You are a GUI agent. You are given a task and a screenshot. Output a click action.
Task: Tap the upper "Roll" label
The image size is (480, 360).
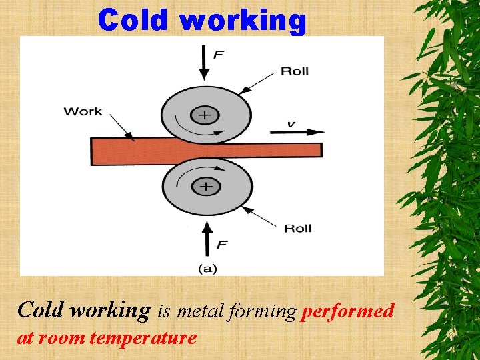click(x=295, y=71)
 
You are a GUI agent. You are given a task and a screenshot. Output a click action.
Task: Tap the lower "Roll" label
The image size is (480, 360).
click(x=297, y=229)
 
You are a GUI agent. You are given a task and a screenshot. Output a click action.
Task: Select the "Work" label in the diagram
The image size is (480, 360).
click(x=83, y=111)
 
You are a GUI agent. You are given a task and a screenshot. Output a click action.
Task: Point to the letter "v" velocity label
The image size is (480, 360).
click(x=291, y=123)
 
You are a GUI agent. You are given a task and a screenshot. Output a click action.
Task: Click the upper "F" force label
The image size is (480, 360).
click(x=218, y=55)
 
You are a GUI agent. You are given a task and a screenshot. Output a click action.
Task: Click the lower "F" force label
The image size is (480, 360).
click(x=221, y=245)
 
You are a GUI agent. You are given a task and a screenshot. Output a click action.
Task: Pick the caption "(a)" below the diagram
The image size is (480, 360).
click(x=207, y=269)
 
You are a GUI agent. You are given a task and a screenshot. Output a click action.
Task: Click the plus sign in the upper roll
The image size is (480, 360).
click(x=205, y=115)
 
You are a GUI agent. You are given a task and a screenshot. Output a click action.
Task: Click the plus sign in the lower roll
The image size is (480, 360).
click(x=206, y=186)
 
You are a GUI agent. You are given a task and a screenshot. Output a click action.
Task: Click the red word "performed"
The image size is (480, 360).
click(x=347, y=311)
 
